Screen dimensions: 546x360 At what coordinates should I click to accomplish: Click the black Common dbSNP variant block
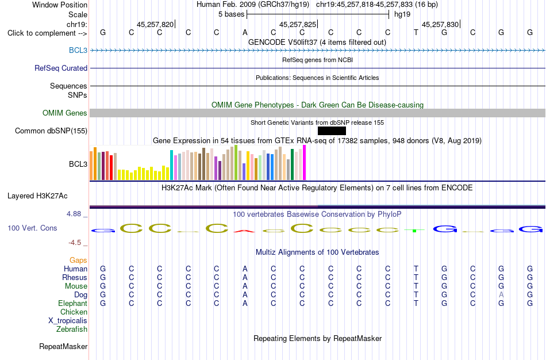[x=332, y=131]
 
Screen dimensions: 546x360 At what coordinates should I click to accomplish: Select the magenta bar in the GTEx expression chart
[x=305, y=162]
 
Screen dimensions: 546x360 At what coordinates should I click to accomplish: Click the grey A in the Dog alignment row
[x=501, y=295]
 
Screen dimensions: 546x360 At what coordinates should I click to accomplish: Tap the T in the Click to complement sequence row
[x=416, y=33]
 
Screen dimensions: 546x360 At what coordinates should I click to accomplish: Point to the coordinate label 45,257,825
[x=298, y=24]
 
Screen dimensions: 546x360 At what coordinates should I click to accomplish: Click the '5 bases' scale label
[x=231, y=14]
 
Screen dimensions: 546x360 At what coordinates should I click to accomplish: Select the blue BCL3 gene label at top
[x=78, y=50]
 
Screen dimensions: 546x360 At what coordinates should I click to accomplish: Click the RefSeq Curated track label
[x=61, y=68]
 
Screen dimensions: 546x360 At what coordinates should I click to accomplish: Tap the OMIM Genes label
[x=65, y=113]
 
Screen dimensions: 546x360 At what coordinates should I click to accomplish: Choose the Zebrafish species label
[x=72, y=329]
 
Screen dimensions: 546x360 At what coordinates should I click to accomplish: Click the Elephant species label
[x=73, y=303]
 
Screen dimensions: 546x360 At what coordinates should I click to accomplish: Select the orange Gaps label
[x=78, y=260]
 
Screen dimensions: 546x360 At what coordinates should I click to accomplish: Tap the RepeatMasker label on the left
[x=63, y=346]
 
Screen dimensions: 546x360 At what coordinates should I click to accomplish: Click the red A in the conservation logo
[x=244, y=231]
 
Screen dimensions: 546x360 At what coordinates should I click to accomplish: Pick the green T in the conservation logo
[x=414, y=231]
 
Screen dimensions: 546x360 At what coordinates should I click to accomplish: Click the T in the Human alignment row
[x=416, y=269]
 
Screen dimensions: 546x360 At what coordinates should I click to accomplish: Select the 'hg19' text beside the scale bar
[x=402, y=14]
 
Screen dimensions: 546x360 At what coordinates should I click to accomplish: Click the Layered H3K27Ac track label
[x=37, y=196]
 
